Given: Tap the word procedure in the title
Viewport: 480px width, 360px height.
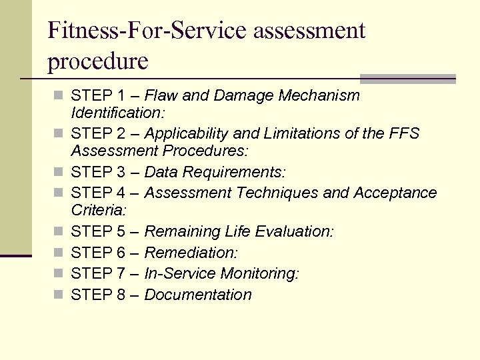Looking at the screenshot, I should coord(98,61).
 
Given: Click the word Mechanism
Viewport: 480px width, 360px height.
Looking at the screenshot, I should coord(323,95).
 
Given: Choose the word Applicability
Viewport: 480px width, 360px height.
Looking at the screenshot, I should coord(185,133).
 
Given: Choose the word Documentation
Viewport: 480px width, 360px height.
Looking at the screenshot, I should coord(198,295).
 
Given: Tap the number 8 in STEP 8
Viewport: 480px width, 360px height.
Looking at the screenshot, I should coord(121,295).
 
